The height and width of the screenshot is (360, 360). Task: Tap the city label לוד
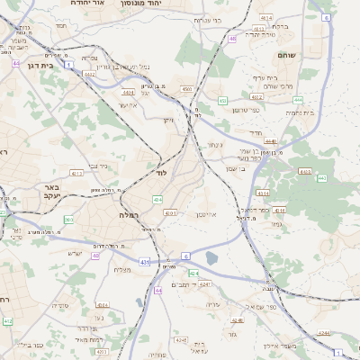[163, 171]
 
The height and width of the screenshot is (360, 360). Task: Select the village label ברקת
[280, 26]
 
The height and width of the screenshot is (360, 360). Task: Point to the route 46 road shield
[232, 39]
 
